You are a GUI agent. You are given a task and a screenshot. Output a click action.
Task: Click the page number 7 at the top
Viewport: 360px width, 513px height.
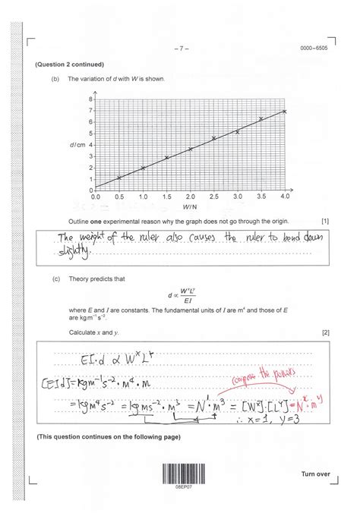click(181, 49)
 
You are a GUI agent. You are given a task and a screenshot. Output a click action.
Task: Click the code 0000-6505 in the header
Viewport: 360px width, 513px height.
click(315, 49)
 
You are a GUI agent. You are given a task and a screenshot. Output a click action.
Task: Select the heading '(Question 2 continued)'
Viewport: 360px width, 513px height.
click(69, 65)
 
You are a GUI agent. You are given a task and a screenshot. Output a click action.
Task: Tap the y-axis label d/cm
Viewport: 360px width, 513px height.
click(74, 144)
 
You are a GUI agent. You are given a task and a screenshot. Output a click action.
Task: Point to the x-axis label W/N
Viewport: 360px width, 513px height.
click(190, 206)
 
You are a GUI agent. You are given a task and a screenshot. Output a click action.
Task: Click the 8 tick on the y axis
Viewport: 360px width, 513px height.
click(90, 99)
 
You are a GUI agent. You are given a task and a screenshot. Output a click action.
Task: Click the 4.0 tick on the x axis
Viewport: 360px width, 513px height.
click(285, 197)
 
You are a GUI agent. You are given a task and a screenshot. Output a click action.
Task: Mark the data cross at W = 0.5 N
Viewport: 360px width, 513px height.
click(119, 178)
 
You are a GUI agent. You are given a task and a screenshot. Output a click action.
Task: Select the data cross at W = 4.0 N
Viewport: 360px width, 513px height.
click(285, 112)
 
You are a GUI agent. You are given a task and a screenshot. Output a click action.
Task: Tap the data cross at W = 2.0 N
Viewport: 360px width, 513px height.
click(190, 149)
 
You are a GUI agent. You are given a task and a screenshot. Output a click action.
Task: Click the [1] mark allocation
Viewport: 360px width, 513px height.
click(325, 222)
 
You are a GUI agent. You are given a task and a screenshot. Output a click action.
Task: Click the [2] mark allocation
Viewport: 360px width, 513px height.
click(325, 333)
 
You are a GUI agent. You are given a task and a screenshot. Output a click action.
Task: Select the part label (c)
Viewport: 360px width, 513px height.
click(57, 279)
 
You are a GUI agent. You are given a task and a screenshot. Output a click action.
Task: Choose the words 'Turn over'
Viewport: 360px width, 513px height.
click(316, 474)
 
